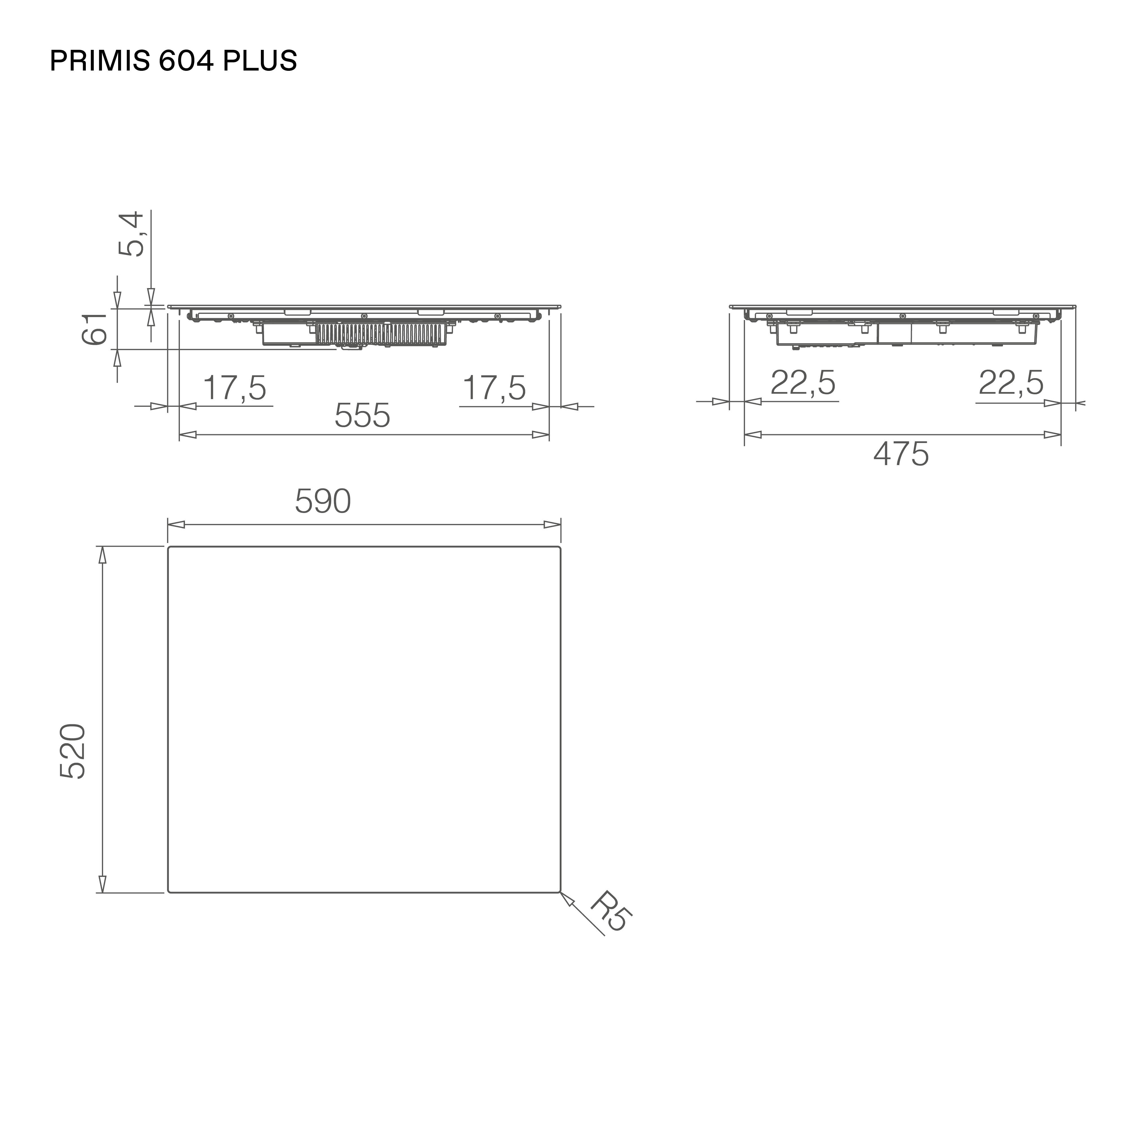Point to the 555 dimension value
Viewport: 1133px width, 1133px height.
[x=362, y=416]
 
